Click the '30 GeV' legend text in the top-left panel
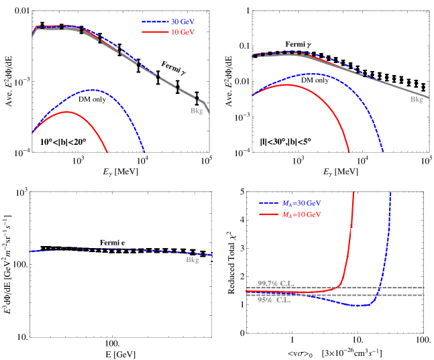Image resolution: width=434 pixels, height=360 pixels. (182, 21)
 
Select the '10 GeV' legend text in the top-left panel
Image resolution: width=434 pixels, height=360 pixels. (182, 32)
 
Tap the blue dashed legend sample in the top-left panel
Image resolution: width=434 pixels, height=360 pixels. (154, 21)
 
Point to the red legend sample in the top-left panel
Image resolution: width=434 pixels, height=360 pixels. (154, 32)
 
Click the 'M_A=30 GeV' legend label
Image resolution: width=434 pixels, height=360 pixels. (301, 203)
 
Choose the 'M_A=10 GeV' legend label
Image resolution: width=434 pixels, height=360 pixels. (301, 215)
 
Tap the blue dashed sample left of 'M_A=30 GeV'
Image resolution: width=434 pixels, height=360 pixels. (268, 203)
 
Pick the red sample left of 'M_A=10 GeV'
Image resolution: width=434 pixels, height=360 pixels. (268, 215)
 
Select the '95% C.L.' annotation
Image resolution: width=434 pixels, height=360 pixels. (274, 300)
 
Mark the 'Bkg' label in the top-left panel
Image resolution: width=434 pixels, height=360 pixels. (197, 111)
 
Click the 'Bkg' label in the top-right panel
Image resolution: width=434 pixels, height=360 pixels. (417, 99)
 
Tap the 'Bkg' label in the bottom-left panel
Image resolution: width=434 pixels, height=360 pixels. (193, 259)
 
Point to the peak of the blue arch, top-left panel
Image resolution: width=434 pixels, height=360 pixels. (93, 89)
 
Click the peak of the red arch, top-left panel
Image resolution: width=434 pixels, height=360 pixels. (66, 112)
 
